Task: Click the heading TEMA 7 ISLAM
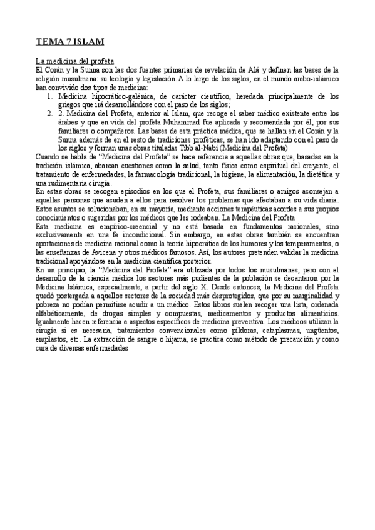(x=69, y=42)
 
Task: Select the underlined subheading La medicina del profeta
(x=74, y=61)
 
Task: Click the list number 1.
(x=50, y=97)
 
